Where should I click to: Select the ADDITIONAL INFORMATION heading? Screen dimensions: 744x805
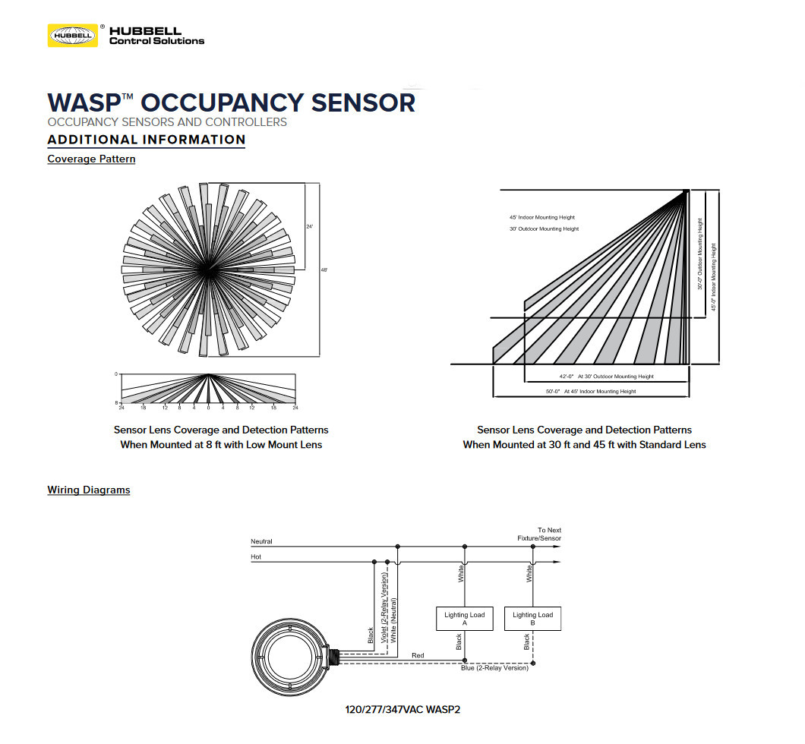[147, 140]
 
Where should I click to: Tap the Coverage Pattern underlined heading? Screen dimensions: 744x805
[91, 159]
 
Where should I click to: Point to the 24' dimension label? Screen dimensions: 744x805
[309, 226]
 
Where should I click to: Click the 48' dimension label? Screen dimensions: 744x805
[324, 270]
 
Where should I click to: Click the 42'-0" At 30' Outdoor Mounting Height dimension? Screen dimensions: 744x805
[606, 377]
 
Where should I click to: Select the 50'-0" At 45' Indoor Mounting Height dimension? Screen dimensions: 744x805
[590, 392]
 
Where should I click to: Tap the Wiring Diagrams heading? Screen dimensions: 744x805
[89, 490]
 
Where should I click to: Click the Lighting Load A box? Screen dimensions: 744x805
[464, 619]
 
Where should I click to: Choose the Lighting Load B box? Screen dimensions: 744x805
[532, 619]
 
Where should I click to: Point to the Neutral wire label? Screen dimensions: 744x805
[261, 541]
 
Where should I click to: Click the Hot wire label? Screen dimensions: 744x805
[256, 556]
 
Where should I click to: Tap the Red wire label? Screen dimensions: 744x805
[418, 654]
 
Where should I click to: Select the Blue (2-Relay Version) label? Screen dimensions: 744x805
[494, 668]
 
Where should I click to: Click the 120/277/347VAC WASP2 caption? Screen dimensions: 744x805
[402, 710]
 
